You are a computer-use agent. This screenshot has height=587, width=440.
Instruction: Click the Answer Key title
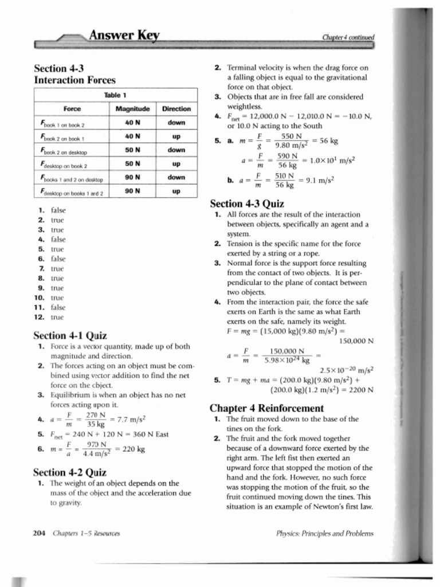click(x=123, y=36)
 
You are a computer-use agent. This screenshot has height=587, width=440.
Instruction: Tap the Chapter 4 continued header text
click(x=348, y=37)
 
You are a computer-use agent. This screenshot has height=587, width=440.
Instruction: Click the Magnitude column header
click(x=132, y=109)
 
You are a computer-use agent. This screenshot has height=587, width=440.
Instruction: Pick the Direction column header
click(x=176, y=109)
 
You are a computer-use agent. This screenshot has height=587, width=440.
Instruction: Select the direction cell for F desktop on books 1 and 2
click(x=176, y=191)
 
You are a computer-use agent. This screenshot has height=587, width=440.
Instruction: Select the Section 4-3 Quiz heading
click(x=247, y=204)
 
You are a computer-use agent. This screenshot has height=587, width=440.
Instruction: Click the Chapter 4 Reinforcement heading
click(x=266, y=408)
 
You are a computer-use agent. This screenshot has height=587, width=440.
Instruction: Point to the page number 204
click(x=40, y=533)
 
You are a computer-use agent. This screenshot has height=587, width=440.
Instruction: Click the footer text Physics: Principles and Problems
click(x=324, y=533)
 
